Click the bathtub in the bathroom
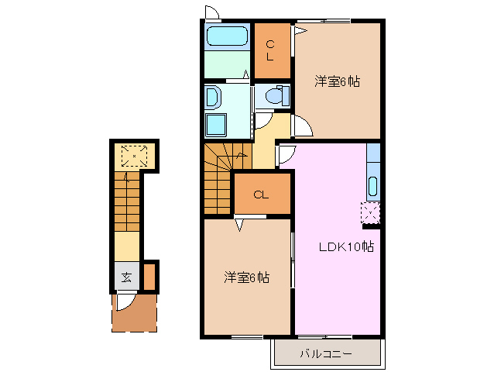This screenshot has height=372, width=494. pos(228,36)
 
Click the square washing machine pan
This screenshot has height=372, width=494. pos(216,123)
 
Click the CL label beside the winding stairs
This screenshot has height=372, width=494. pos(261,195)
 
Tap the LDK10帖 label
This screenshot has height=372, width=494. pos(347,247)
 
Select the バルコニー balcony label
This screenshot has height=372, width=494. pos(326,354)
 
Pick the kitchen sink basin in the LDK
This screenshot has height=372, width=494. pos(372,187)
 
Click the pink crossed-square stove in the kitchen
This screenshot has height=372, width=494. pos(371,212)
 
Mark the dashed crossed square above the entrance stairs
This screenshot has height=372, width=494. pos(134,157)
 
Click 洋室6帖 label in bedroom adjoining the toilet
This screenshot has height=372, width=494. pos(337,81)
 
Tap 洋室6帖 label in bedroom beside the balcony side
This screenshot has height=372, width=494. pos(247,277)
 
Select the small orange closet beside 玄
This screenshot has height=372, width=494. pos(149,276)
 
